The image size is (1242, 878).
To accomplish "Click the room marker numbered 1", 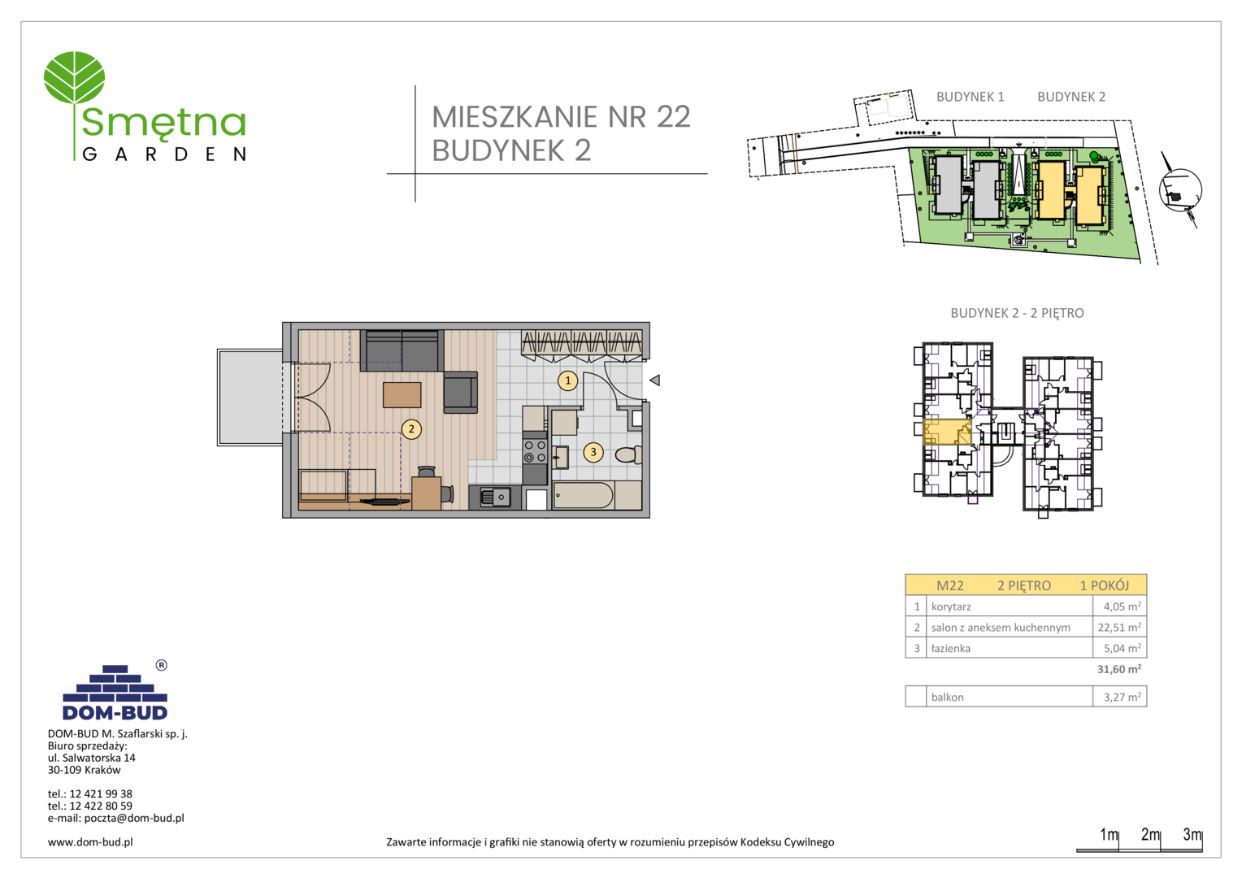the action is pos(567,380).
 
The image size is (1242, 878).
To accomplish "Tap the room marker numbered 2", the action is pos(410,428).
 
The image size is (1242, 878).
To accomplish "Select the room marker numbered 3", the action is pos(593,452).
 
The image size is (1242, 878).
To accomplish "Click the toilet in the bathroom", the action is pos(629,455).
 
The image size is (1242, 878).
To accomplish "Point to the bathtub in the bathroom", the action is pos(584,495).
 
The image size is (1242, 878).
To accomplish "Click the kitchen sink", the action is pos(495,498).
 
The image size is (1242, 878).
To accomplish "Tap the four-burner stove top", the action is pos(535,451).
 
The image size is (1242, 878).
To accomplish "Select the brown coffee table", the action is pos(402,395).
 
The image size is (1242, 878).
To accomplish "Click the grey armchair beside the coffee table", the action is pos(460,392).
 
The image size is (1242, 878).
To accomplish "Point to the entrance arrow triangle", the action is pos(655,380).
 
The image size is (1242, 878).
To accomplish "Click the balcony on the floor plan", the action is pos(250,397).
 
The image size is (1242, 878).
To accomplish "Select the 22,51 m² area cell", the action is pos(1119,628).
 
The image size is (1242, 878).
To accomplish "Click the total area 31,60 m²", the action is pos(1119,669).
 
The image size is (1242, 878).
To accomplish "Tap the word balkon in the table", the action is pos(947,698).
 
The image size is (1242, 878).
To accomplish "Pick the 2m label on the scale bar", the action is pos(1150,834).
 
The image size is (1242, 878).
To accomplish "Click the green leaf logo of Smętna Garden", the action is pos(74,78).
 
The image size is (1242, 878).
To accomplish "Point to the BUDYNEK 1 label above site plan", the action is pos(970,97).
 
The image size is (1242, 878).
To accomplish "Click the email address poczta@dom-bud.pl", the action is pos(133,818).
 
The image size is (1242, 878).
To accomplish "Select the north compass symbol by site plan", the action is pos(1180,190).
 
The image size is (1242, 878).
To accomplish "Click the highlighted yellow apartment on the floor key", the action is pos(947,432).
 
